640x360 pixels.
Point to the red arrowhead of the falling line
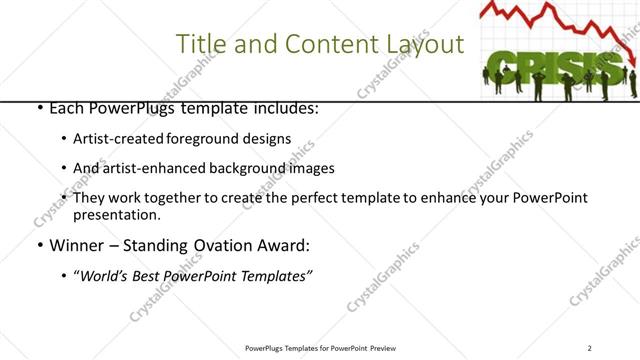click(634, 61)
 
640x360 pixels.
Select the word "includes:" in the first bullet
click(285, 107)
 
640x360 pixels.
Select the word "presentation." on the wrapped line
click(116, 214)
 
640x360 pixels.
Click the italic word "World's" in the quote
click(106, 275)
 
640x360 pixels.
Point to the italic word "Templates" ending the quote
click(273, 275)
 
